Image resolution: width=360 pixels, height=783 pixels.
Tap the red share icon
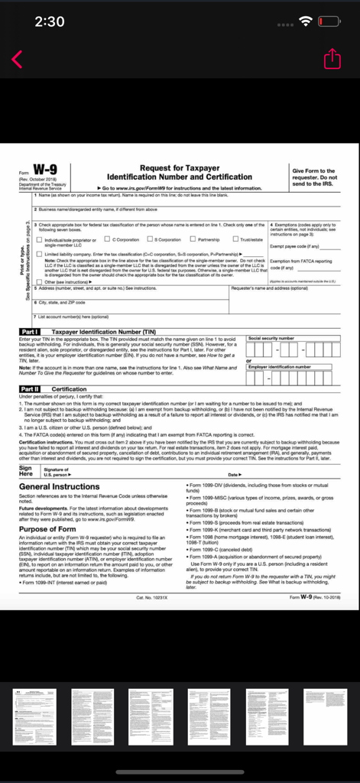332,59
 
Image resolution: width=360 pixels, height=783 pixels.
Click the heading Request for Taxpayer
180,167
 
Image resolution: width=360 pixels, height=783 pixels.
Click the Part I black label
33,331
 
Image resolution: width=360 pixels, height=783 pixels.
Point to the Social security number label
271,337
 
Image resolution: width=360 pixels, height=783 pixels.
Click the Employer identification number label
279,367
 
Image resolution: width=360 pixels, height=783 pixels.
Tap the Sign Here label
25,470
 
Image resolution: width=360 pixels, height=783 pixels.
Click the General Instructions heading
59,486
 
